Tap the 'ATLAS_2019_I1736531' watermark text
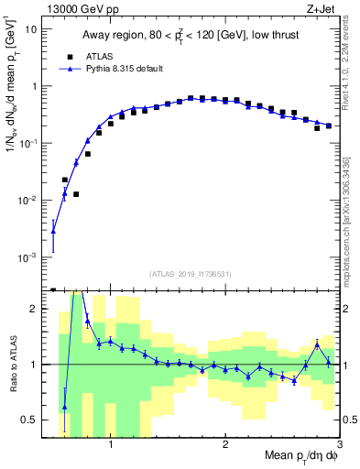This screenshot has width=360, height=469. tap(190, 274)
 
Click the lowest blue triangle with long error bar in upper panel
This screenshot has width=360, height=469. tap(53, 232)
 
